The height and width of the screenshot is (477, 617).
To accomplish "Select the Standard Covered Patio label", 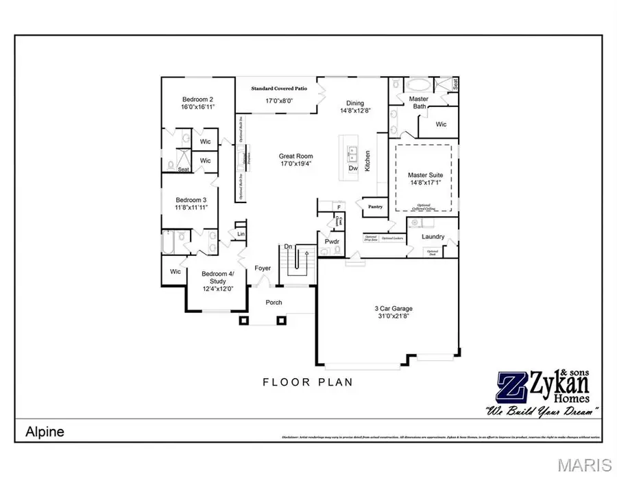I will (x=278, y=89).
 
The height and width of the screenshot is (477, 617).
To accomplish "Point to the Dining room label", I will (x=355, y=104).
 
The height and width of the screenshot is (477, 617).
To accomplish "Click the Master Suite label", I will (x=425, y=175).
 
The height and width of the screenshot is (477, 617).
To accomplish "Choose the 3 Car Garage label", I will (x=393, y=309).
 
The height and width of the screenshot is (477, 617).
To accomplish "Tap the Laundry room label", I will (x=433, y=237).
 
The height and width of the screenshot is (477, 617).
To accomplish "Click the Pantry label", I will (x=375, y=206).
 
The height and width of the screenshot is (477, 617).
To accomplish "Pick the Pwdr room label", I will (x=332, y=241).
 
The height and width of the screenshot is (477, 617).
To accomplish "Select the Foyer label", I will (x=263, y=268).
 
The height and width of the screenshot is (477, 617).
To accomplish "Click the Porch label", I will (x=274, y=303).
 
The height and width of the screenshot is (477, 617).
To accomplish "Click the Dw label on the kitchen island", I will (x=353, y=167).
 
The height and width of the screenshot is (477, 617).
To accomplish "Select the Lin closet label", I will (x=241, y=234).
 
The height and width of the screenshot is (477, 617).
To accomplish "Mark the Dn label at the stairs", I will (x=289, y=247).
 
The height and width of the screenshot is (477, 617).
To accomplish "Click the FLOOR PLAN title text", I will (x=308, y=382).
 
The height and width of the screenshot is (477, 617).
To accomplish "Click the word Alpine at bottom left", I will (x=45, y=432).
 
